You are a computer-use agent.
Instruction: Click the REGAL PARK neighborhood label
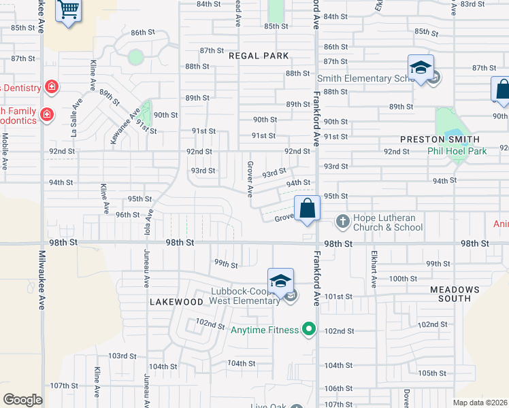[x=259, y=56]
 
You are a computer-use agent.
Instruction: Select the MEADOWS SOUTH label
[x=455, y=294]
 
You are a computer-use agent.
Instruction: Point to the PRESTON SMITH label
[x=436, y=139]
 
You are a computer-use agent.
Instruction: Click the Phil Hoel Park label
[x=457, y=151]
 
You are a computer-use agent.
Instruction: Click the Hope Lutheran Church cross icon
[x=342, y=222]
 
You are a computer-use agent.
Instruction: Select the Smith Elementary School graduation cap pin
[x=421, y=69]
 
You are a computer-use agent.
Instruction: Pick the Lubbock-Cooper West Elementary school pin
[x=280, y=281]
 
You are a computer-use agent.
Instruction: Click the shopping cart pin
[x=68, y=11]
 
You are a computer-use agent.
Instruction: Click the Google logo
[x=22, y=400]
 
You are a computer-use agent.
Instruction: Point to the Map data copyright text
[x=480, y=403]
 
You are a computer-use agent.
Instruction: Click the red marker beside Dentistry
[x=51, y=87]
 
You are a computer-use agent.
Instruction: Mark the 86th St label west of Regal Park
[x=144, y=33]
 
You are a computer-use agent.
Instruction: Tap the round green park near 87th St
[x=136, y=57]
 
